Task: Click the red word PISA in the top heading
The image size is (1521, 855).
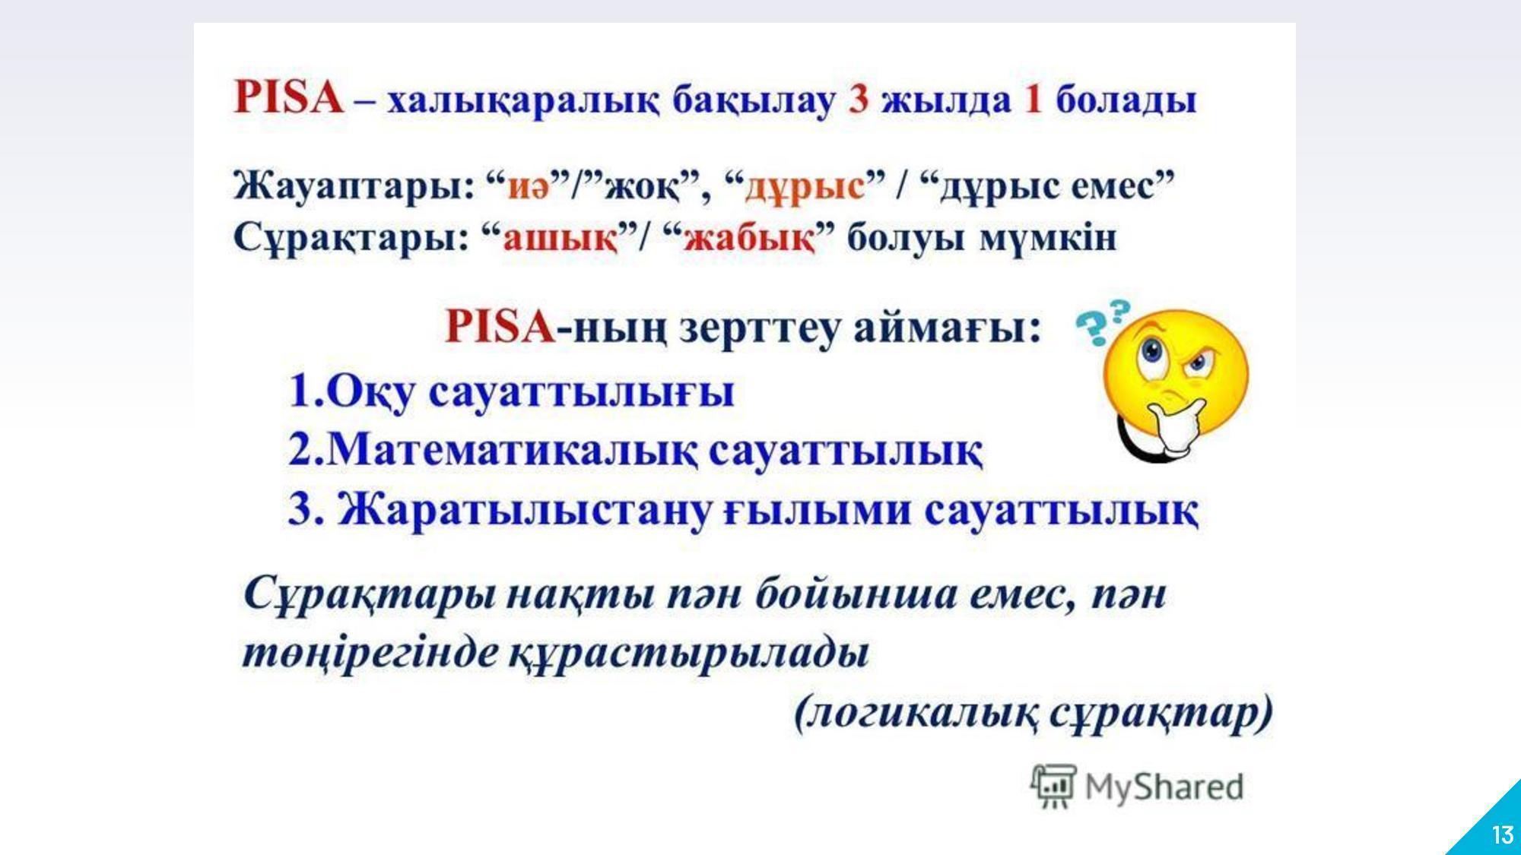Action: pos(289,99)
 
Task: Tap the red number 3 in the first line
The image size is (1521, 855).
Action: pos(859,100)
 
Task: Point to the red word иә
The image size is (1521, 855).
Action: pos(529,187)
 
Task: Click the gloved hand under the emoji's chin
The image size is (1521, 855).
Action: pos(1175,426)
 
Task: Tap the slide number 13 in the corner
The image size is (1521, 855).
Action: pos(1502,835)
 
